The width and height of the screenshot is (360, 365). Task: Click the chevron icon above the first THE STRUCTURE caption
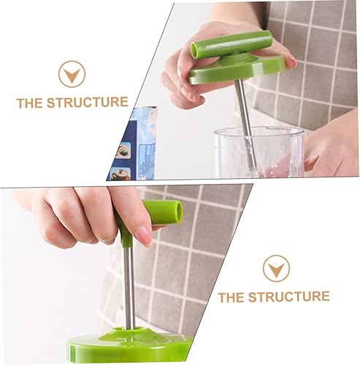point(72,74)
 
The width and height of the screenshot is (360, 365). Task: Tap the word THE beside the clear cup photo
point(29,103)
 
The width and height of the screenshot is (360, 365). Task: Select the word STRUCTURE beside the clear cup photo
point(88,102)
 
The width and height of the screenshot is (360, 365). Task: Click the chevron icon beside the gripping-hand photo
point(276,269)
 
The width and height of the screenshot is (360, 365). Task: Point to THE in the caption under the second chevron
point(231,297)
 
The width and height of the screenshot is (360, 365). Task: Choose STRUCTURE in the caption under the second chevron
point(289,297)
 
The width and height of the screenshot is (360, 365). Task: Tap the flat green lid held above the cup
point(236,69)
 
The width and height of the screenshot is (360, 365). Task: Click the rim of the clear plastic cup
point(258,131)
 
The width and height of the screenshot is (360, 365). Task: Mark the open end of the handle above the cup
point(195,50)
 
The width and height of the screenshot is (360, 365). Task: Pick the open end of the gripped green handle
point(178,212)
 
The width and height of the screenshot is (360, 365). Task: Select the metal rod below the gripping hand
point(129,287)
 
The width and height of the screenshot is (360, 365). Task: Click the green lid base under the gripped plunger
point(129,345)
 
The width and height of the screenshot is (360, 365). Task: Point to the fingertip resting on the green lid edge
point(290,61)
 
